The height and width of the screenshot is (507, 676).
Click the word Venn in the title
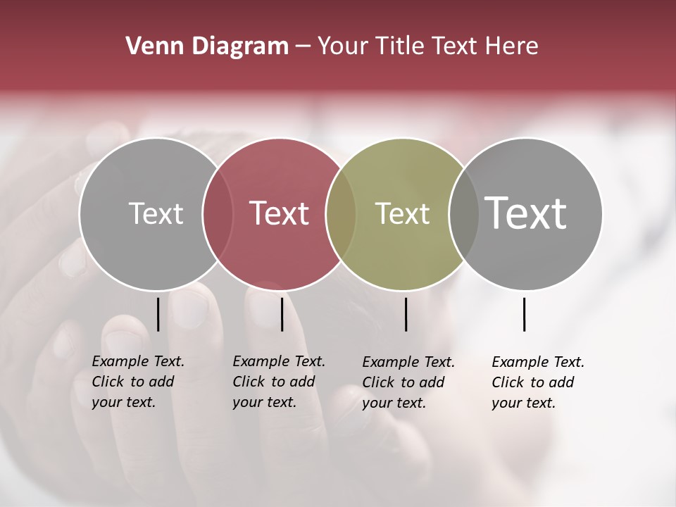tap(149, 46)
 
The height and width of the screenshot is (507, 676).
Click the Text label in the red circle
tap(280, 213)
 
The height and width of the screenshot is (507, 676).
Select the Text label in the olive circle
tap(402, 213)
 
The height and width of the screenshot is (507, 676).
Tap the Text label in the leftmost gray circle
tap(156, 213)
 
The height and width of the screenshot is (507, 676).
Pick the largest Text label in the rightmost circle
tap(525, 213)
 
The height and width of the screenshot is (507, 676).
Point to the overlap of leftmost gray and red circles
tap(218, 213)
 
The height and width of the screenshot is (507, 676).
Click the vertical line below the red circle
tap(282, 314)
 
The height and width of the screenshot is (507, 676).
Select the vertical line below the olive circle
tap(406, 314)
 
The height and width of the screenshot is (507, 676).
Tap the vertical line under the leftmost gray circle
tap(158, 314)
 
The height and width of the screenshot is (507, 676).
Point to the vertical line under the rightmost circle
tap(524, 314)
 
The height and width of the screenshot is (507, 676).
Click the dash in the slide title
tap(303, 46)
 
